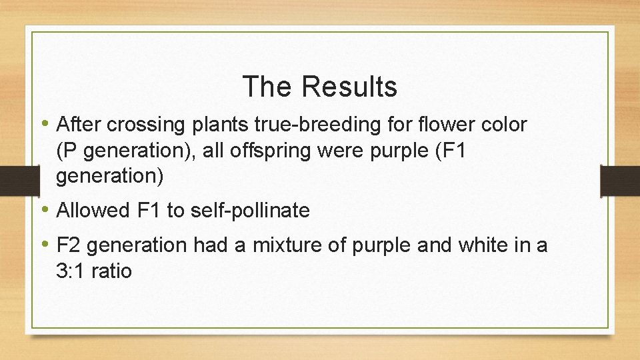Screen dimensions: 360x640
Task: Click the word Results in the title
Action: point(349,87)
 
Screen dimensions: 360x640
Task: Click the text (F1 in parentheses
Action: point(449,151)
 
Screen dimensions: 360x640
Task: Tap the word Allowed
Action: point(93,211)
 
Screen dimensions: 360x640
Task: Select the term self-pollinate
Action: point(250,211)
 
